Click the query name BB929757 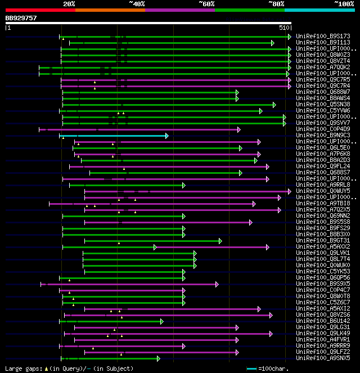pos(21,18)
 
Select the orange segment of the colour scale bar pos(110,10)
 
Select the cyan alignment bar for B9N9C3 pos(112,136)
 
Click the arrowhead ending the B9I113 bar pos(272,43)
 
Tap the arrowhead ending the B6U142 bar pos(161,321)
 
